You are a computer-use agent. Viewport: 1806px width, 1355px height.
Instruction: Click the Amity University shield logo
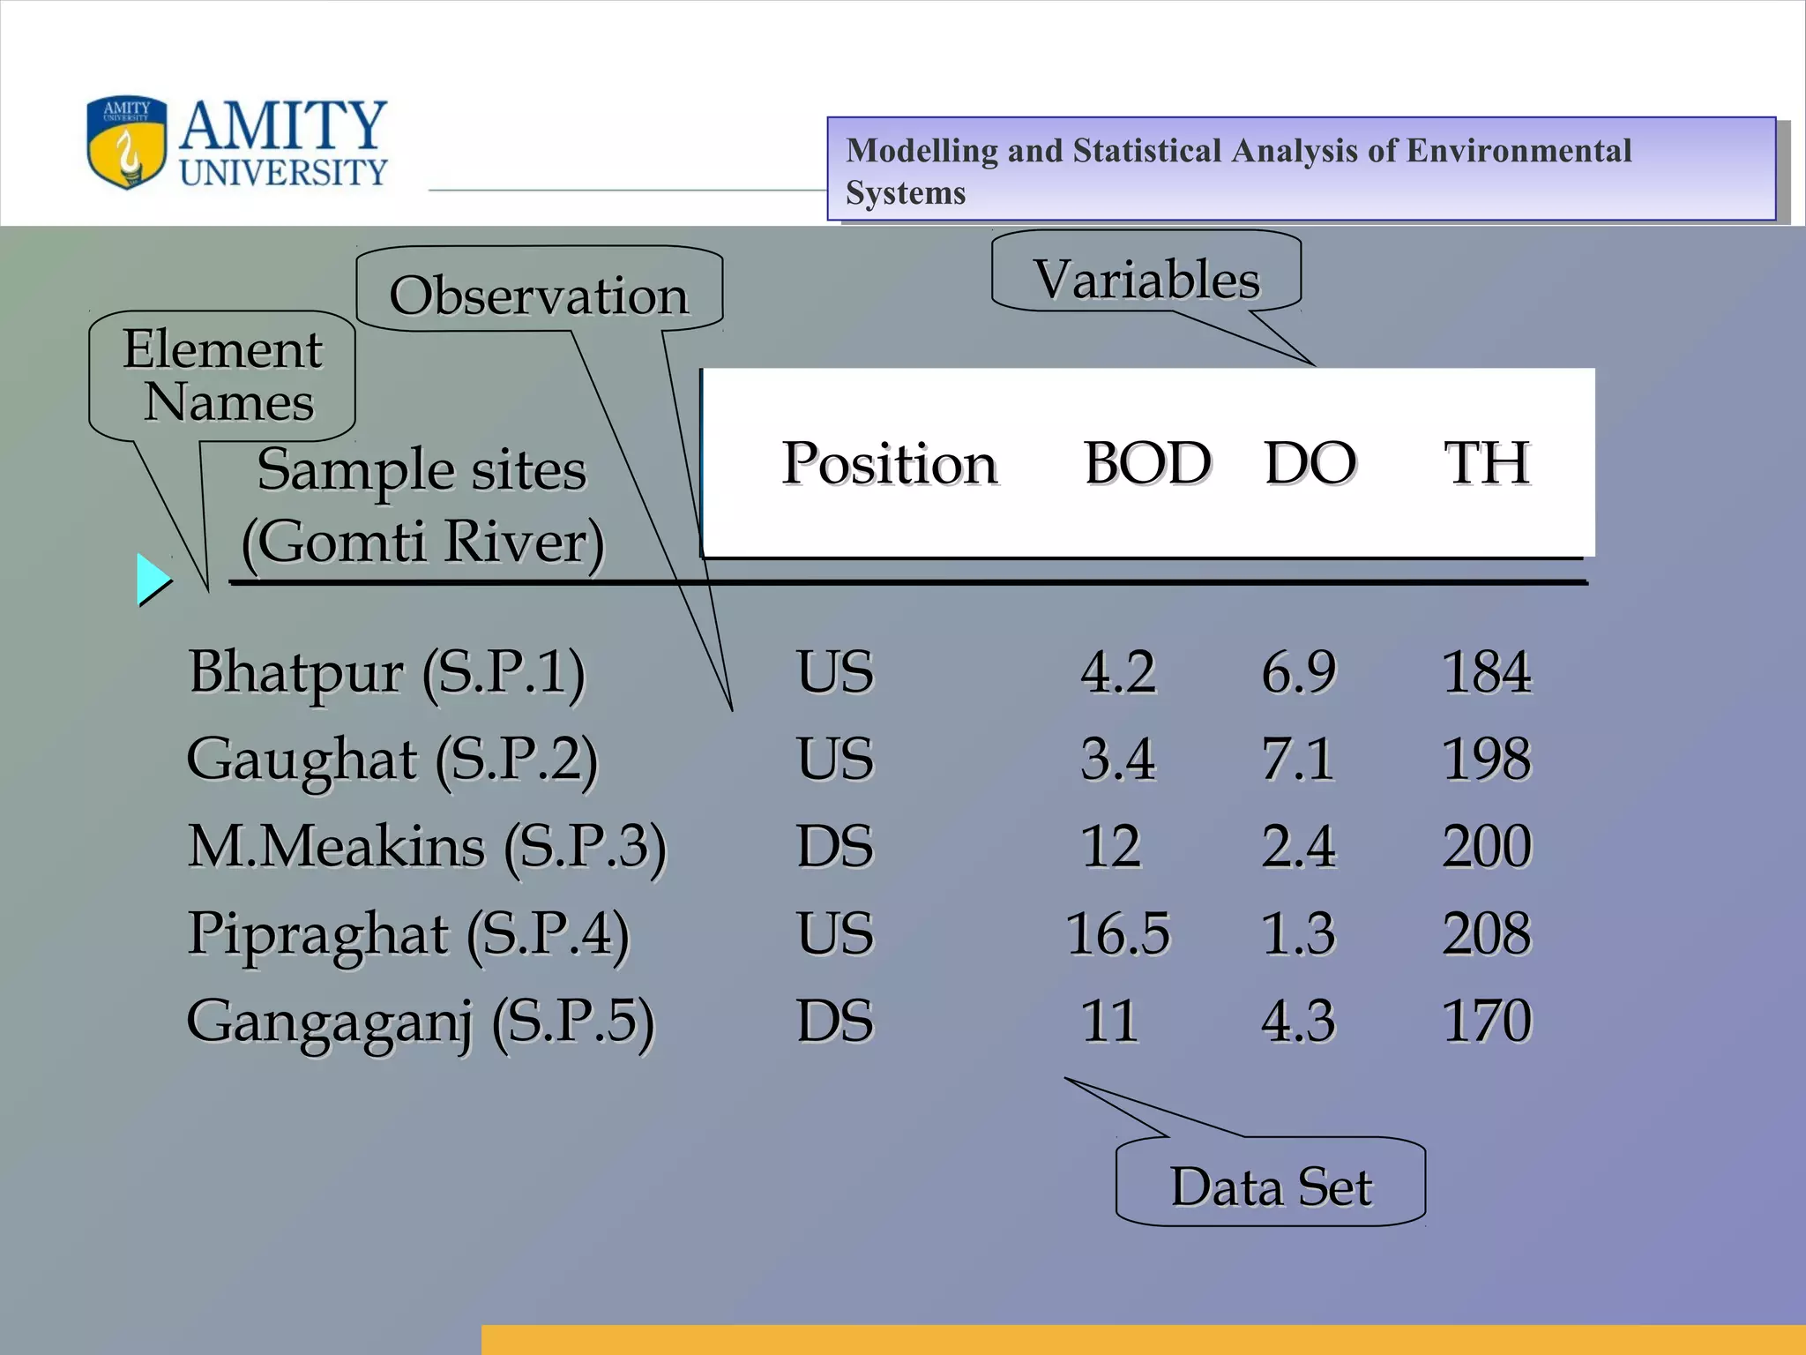pyautogui.click(x=126, y=142)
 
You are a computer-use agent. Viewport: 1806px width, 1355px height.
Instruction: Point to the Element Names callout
pyautogui.click(x=223, y=375)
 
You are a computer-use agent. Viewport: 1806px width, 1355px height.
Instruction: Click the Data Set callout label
pyautogui.click(x=1271, y=1186)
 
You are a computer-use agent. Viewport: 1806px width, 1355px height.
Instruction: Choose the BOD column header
pyautogui.click(x=1147, y=462)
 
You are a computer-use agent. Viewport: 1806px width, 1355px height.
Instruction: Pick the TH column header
pyautogui.click(x=1487, y=462)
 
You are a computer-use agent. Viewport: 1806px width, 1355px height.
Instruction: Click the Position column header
pyautogui.click(x=889, y=462)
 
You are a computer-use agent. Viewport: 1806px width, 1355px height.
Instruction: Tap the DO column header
pyautogui.click(x=1310, y=462)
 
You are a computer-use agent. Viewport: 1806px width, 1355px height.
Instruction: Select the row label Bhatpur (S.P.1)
pyautogui.click(x=386, y=672)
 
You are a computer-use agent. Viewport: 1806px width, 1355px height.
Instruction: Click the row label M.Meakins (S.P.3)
pyautogui.click(x=427, y=847)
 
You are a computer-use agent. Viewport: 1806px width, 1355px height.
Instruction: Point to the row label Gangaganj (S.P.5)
pyautogui.click(x=420, y=1022)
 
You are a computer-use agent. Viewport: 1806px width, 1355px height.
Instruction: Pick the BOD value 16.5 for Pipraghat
pyautogui.click(x=1117, y=933)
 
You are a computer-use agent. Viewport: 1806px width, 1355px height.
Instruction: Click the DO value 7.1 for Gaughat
pyautogui.click(x=1298, y=759)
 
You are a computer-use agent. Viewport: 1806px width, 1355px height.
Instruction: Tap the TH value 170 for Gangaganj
pyautogui.click(x=1487, y=1021)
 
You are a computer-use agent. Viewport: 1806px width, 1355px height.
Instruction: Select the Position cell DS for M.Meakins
pyautogui.click(x=834, y=846)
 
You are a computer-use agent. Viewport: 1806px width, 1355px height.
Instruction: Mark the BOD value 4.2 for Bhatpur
pyautogui.click(x=1117, y=671)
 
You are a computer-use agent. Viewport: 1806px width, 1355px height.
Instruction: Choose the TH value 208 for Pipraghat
pyautogui.click(x=1487, y=933)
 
